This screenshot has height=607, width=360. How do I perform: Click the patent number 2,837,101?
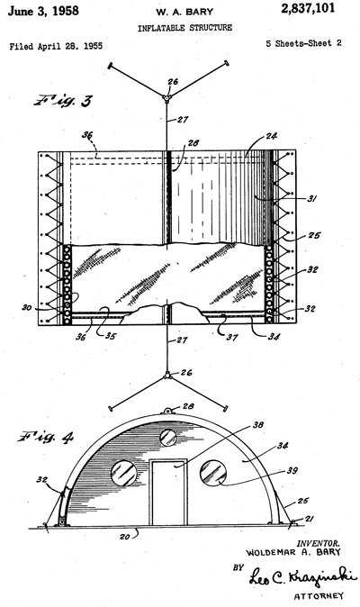point(308,8)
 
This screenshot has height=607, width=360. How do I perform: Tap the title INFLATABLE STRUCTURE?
point(184,28)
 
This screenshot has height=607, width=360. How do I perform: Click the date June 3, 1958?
point(43,11)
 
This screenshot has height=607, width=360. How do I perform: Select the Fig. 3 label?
point(63,100)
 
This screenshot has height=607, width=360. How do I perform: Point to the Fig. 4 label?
point(45,437)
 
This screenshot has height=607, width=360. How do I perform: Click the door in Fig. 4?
point(168,493)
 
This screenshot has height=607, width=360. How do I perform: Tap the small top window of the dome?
point(168,438)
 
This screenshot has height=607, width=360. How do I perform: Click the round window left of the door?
point(124,474)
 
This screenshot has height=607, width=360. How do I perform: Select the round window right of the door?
point(213,473)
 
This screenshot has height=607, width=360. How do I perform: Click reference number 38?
point(258,425)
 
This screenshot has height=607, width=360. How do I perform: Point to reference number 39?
point(292,470)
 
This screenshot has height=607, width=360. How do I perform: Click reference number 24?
point(271,136)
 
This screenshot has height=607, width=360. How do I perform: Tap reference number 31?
point(311,199)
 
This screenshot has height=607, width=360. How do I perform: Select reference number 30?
point(27,309)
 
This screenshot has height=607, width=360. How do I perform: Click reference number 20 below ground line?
point(124,537)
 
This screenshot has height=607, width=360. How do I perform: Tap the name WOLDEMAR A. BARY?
point(293,552)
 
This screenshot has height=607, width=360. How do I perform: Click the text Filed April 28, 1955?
point(56,47)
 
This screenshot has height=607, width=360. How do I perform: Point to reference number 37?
point(231,337)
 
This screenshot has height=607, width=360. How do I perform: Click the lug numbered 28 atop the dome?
point(167,411)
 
